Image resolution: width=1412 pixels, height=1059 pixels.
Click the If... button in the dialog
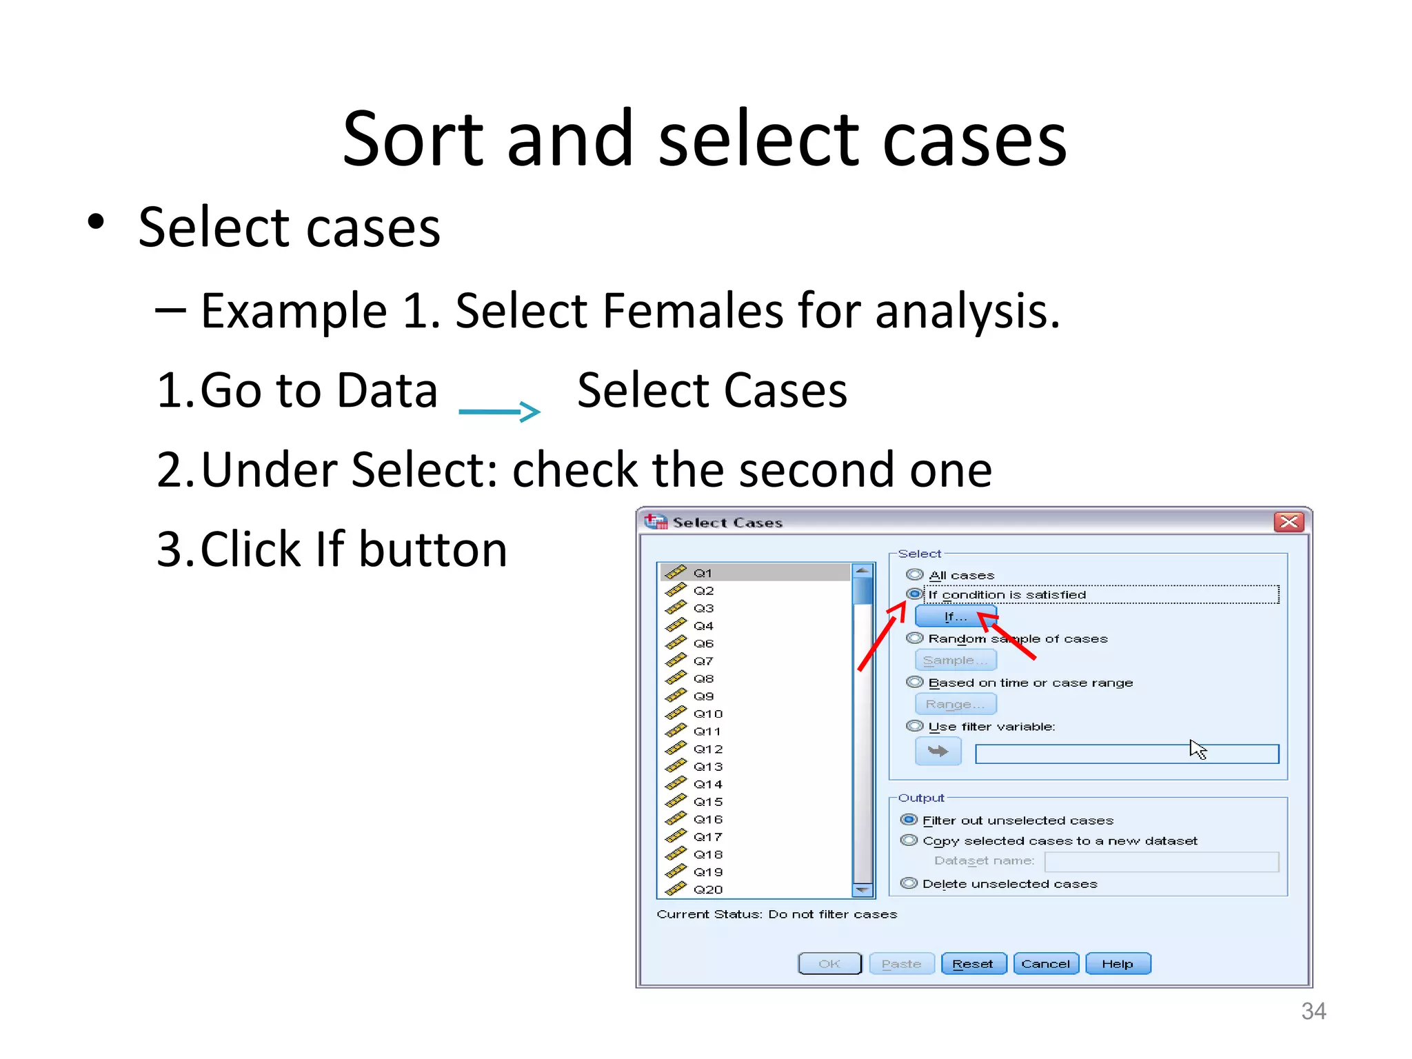coord(955,616)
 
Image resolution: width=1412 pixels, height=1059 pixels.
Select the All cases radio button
coord(915,574)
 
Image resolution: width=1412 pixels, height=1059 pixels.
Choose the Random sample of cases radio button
coord(915,638)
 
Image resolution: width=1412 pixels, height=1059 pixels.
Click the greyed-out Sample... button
coord(956,660)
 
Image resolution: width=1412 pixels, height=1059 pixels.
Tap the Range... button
coord(956,704)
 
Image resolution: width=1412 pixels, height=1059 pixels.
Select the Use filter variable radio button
coord(915,726)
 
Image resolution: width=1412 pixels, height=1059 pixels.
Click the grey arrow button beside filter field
coord(938,752)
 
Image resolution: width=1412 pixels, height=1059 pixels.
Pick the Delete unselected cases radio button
coord(909,883)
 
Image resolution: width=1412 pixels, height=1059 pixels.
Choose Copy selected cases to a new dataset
coord(909,840)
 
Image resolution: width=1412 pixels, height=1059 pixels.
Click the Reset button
coord(973,964)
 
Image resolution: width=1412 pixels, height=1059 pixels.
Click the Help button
coord(1117,964)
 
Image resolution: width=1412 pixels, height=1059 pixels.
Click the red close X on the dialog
coord(1288,522)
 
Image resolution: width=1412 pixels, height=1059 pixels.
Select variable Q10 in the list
coord(708,714)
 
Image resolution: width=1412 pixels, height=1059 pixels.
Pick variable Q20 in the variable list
coord(708,889)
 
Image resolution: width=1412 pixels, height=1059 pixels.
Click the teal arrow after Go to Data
coord(499,412)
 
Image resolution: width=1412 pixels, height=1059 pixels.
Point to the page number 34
coord(1313,1011)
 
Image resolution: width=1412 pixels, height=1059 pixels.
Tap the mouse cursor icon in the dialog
coord(1198,749)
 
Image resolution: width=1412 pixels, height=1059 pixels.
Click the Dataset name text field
coord(1161,862)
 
